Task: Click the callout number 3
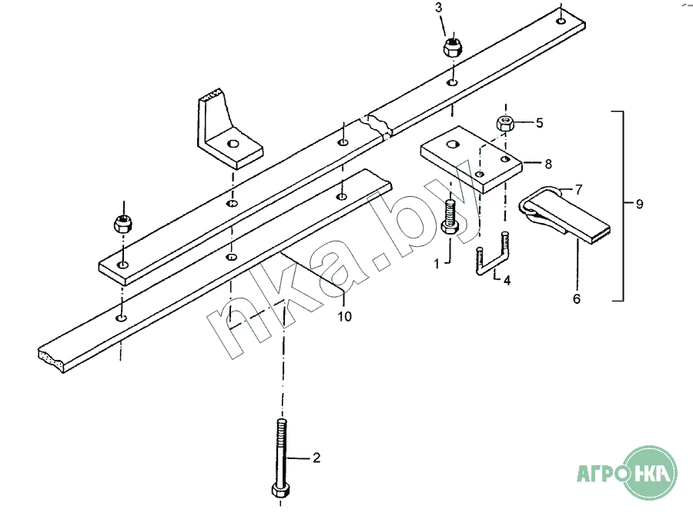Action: coord(438,8)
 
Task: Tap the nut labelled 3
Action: coord(452,46)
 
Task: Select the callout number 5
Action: coord(539,123)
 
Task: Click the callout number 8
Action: coord(548,164)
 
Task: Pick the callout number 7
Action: coord(579,190)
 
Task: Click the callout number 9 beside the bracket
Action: coord(639,204)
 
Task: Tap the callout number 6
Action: coord(576,299)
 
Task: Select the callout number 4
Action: coord(507,280)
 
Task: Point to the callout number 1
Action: coord(437,264)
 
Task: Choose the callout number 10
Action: coord(345,316)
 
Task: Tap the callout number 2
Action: coord(316,458)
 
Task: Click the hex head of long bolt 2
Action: coord(280,490)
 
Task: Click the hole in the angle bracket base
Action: coord(233,144)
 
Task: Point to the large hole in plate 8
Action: coord(452,144)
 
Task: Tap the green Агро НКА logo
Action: coord(627,473)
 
